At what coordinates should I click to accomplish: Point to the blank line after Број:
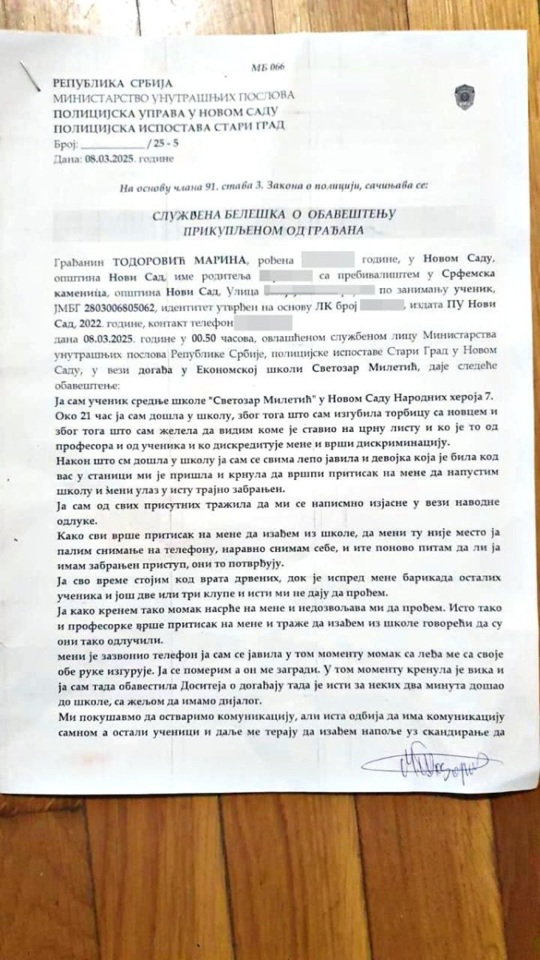click(x=112, y=143)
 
